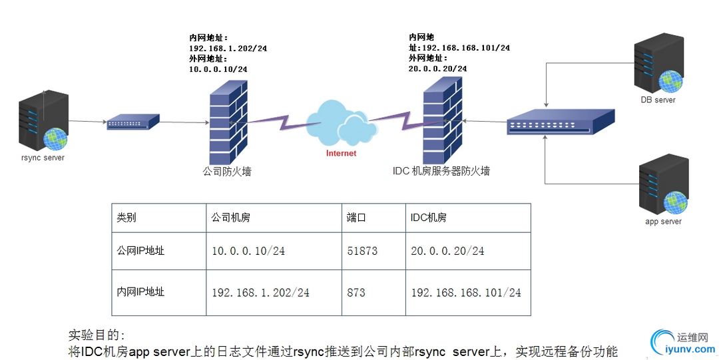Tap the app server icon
(x=663, y=184)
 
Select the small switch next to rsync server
(x=133, y=122)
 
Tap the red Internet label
(x=341, y=153)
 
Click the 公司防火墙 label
(x=227, y=172)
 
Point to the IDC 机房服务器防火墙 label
(x=441, y=171)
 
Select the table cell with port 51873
(x=362, y=251)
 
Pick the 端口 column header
(x=357, y=218)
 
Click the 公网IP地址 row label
(x=140, y=251)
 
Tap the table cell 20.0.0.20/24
(x=448, y=251)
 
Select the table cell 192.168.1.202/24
(x=260, y=292)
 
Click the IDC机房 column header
(x=429, y=218)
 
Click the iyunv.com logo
(x=679, y=341)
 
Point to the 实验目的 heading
(x=97, y=334)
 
